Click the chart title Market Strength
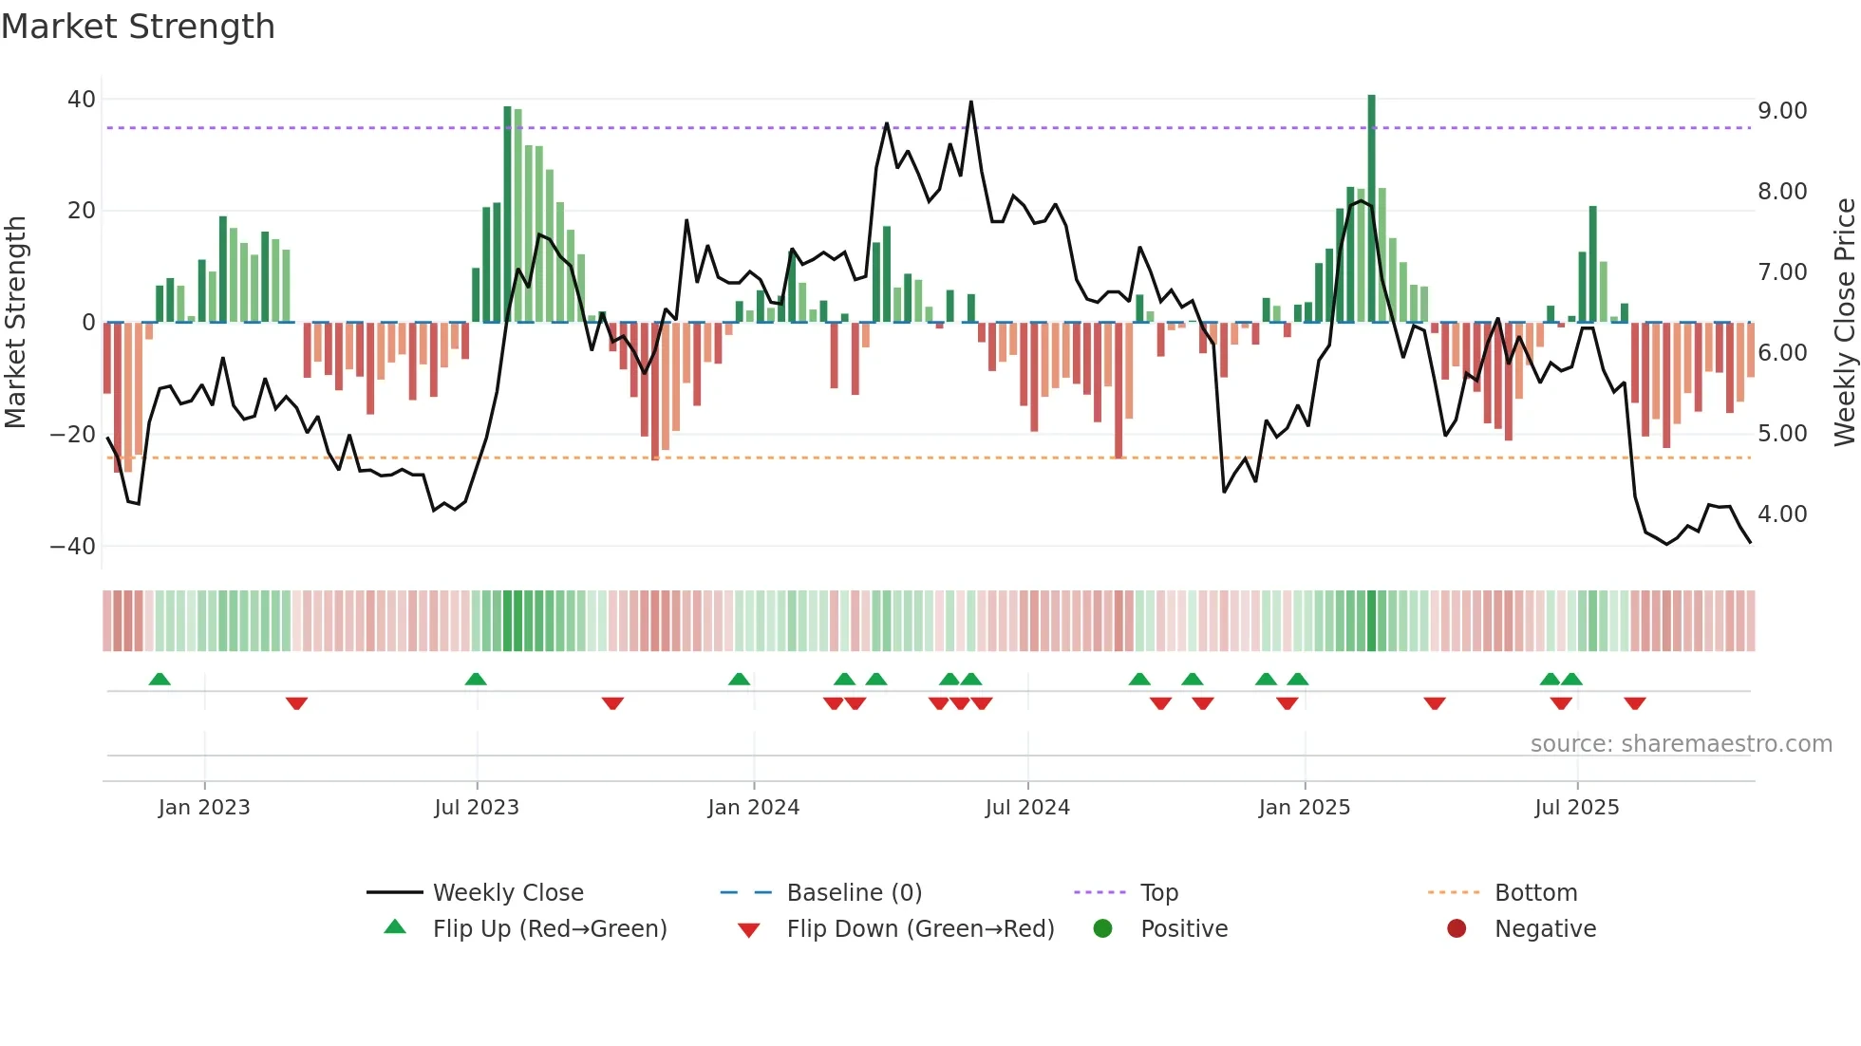(x=138, y=27)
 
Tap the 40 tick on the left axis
(x=82, y=100)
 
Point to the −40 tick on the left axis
(x=74, y=547)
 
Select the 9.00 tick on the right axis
(x=1782, y=111)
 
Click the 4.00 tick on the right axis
(x=1782, y=514)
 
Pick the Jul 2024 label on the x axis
(x=1027, y=808)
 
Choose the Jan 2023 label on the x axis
(x=204, y=808)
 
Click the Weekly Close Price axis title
(x=1844, y=323)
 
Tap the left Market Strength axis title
(x=15, y=323)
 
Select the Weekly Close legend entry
(x=507, y=893)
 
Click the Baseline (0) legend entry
(x=854, y=893)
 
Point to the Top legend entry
(x=1158, y=893)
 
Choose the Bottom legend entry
(x=1535, y=893)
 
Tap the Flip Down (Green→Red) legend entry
(x=919, y=929)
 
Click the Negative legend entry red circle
(x=1457, y=929)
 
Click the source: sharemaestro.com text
(x=1681, y=744)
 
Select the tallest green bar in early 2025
(x=1371, y=209)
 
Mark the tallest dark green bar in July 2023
(x=508, y=214)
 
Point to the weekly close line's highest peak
(x=970, y=103)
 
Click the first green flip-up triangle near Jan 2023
(x=160, y=680)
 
